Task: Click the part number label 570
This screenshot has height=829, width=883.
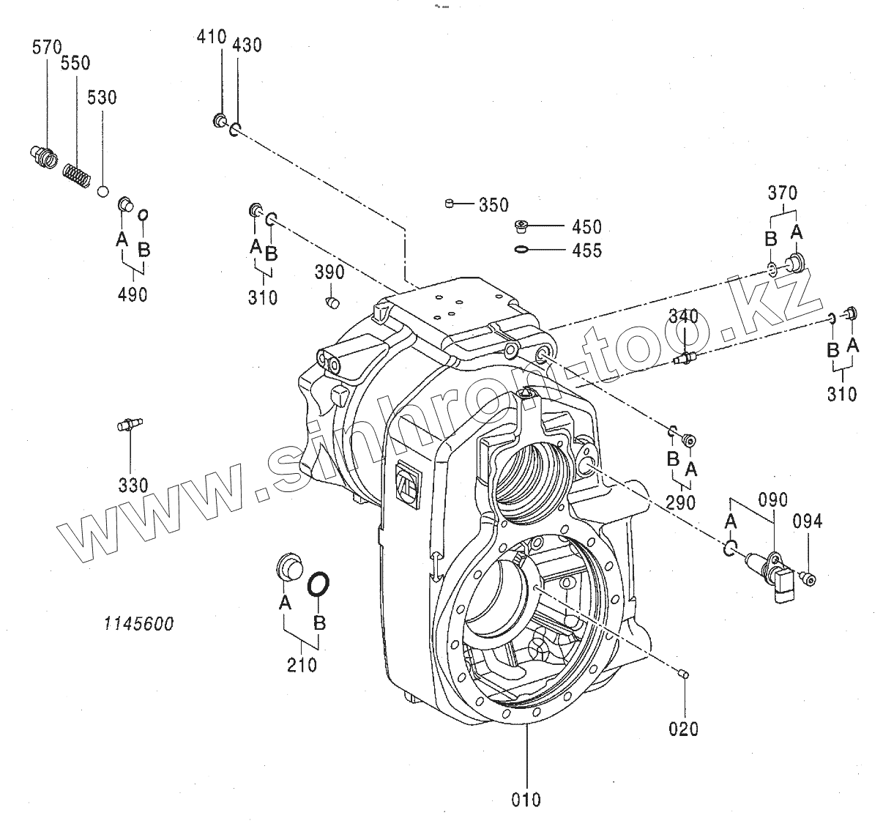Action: pos(47,48)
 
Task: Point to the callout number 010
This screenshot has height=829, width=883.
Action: pos(526,799)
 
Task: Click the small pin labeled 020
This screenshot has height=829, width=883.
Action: pos(683,674)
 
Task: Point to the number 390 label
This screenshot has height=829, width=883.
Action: pos(329,272)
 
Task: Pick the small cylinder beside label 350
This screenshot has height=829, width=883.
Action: pos(450,203)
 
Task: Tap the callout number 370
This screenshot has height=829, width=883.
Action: pos(783,193)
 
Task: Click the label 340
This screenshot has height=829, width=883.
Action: pos(683,316)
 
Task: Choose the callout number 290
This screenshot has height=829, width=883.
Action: pos(681,502)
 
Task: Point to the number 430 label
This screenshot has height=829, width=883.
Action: pos(247,45)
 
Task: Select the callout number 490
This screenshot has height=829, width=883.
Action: pos(132,294)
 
